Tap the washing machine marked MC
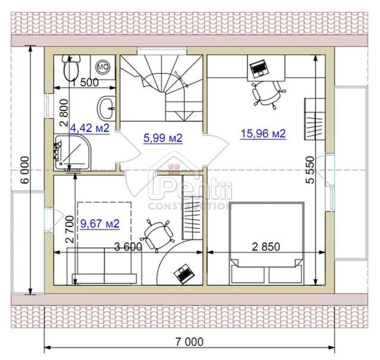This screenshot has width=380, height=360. click(102, 66)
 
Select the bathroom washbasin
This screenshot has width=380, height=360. click(107, 108)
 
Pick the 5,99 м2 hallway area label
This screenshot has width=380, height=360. click(163, 138)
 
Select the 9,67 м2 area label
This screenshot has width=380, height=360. click(100, 224)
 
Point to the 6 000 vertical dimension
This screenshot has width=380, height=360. click(25, 170)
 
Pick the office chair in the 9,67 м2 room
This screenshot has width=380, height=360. click(157, 235)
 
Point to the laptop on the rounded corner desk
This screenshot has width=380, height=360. click(182, 273)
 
